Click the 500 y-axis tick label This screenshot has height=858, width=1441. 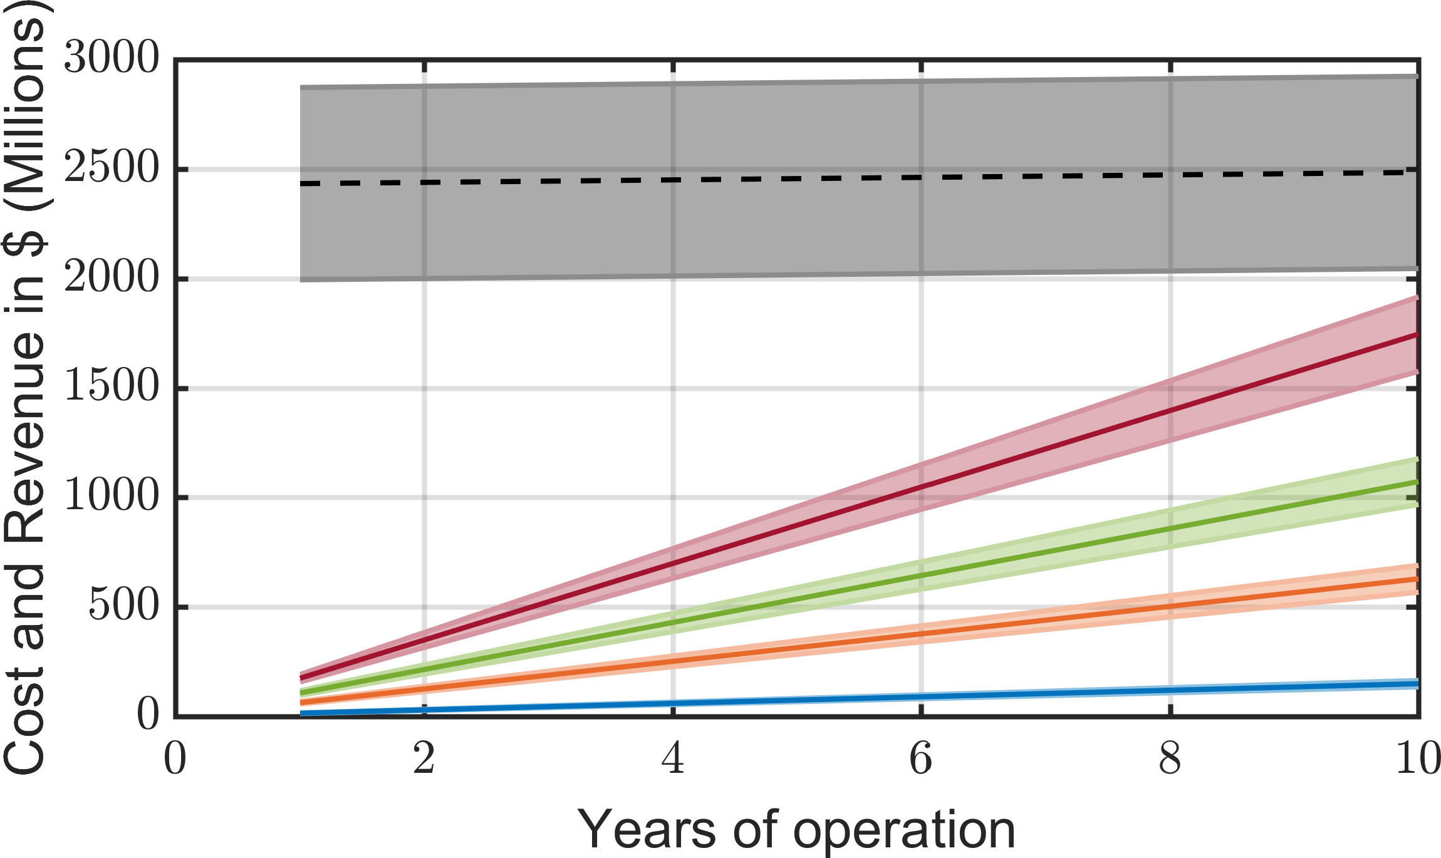click(x=123, y=606)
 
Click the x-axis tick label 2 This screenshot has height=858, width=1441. click(x=424, y=759)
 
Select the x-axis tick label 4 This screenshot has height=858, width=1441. click(x=673, y=759)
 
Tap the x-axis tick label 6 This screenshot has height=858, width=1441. click(x=921, y=759)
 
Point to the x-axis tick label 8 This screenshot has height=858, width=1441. click(x=1170, y=759)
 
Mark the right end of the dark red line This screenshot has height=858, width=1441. click(x=1418, y=335)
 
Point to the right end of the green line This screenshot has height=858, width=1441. click(x=1418, y=482)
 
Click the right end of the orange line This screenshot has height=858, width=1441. click(x=1418, y=579)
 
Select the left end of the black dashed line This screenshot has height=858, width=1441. click(x=301, y=183)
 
